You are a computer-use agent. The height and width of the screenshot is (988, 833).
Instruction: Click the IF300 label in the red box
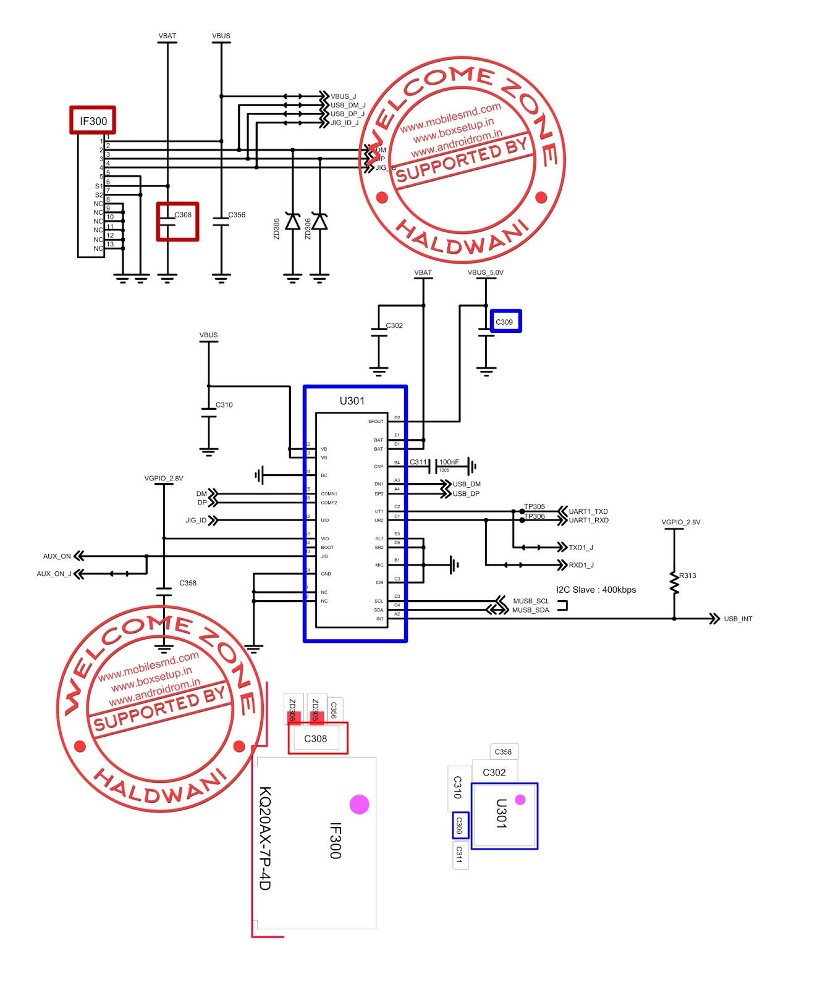(x=93, y=121)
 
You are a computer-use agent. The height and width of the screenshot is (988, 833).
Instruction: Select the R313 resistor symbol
(x=674, y=582)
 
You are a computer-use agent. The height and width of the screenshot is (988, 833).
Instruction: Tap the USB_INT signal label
(x=738, y=619)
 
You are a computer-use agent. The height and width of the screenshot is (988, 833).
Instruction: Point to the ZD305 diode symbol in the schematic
(x=292, y=221)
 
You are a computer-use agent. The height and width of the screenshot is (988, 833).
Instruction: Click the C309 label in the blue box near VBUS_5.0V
(x=505, y=322)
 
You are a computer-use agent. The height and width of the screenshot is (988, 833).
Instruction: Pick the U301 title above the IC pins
(x=352, y=401)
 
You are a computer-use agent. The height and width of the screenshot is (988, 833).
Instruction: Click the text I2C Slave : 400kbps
(x=596, y=590)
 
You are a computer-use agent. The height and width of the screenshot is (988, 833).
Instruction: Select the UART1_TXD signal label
(x=588, y=511)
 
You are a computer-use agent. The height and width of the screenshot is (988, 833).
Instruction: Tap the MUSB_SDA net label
(x=530, y=610)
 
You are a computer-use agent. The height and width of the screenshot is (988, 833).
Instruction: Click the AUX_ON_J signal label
(x=54, y=574)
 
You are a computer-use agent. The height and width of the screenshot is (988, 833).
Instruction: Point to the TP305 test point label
(x=535, y=506)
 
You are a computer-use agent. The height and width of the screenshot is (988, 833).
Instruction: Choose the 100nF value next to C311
(x=449, y=462)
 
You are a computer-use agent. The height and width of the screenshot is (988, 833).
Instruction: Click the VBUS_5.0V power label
(x=486, y=272)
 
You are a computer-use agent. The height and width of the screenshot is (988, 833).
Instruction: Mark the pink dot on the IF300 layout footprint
(x=359, y=804)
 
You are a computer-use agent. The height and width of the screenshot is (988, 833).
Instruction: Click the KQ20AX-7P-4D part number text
(x=264, y=838)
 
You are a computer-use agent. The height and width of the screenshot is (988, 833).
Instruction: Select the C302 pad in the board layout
(x=494, y=772)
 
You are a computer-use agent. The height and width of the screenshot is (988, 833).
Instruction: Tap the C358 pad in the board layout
(x=503, y=751)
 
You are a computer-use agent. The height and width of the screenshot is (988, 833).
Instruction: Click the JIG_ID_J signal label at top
(x=344, y=123)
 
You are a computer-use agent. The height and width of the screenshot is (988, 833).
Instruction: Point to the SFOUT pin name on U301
(x=376, y=422)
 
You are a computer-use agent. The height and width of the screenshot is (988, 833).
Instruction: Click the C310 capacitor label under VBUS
(x=224, y=405)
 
